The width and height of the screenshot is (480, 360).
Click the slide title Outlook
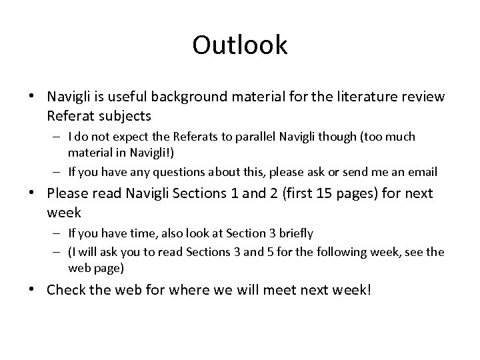[240, 45]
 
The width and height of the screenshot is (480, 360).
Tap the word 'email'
[423, 171]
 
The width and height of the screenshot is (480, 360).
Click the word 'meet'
[285, 290]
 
